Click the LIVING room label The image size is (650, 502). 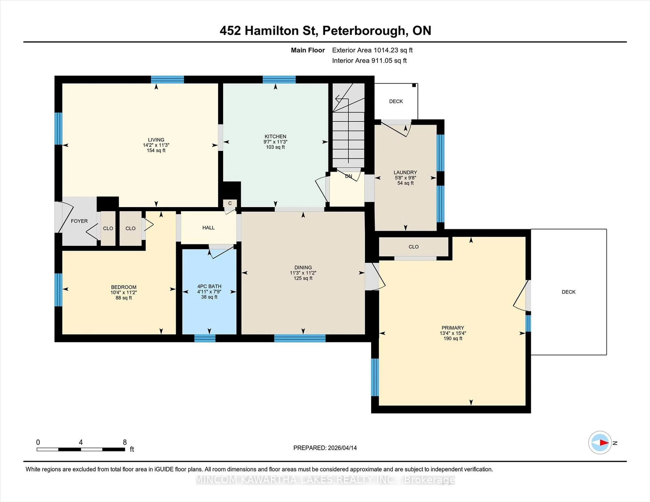tap(156, 140)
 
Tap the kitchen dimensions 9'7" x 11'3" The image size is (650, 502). tap(275, 142)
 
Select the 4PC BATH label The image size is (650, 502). tap(209, 286)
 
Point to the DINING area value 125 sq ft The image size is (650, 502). tap(303, 278)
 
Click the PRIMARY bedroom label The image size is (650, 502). tap(453, 328)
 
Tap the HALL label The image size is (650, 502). tap(208, 227)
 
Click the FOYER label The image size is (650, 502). tap(79, 221)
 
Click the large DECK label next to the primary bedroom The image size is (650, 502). tap(568, 292)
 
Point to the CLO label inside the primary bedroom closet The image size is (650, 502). tap(413, 247)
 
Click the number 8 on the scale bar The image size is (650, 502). tap(125, 442)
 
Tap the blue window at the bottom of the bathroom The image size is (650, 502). tap(205, 338)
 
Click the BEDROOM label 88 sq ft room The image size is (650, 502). tap(124, 287)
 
